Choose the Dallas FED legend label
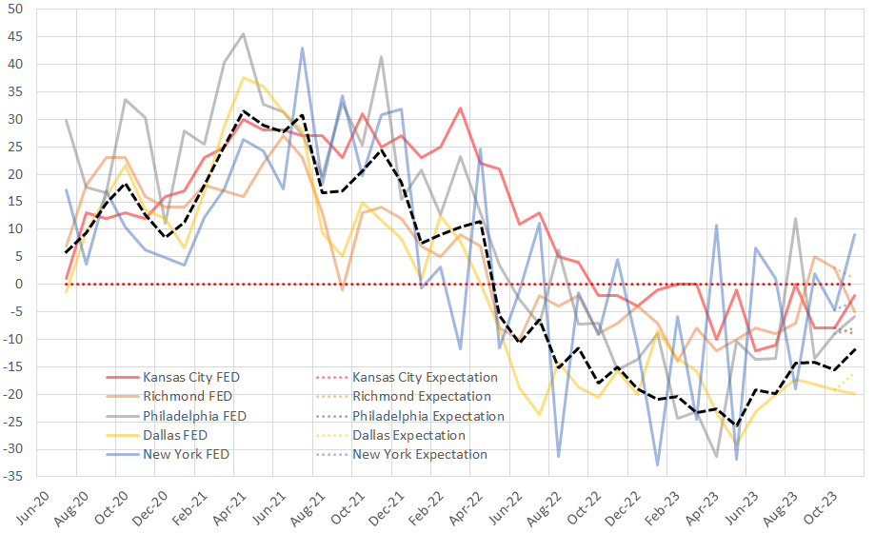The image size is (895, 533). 172,435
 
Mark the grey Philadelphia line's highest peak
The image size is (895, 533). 243,34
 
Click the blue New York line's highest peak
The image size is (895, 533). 303,48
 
